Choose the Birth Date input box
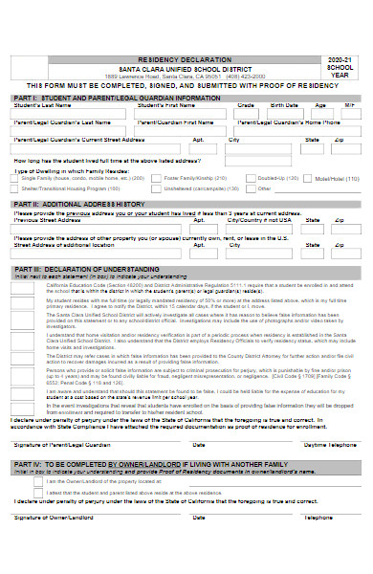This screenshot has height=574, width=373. (x=284, y=113)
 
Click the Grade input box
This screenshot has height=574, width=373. (x=246, y=113)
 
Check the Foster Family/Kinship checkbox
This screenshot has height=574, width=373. (x=156, y=179)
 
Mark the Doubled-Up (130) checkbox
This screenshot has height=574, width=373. (x=250, y=179)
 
